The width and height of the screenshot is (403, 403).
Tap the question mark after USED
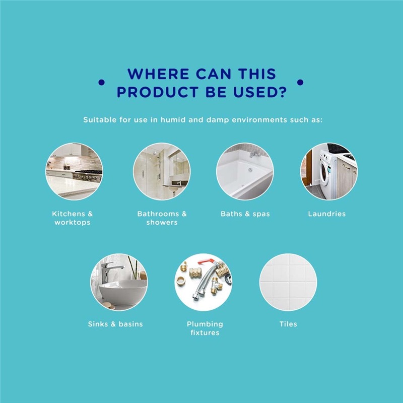[283, 92]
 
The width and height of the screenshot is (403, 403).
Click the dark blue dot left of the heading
[102, 82]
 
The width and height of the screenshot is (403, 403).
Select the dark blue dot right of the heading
[300, 82]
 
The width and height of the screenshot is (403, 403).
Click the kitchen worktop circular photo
[74, 171]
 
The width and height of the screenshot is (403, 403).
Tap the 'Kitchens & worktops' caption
[72, 218]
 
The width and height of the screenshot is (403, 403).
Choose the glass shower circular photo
[162, 171]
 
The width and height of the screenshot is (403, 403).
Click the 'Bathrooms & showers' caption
[162, 218]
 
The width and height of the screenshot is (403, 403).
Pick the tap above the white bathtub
[254, 155]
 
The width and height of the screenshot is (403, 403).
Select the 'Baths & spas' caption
[245, 214]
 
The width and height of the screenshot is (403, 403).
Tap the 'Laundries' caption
[327, 214]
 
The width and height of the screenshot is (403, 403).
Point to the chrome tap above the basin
[108, 271]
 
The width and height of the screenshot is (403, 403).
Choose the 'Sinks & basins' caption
[115, 324]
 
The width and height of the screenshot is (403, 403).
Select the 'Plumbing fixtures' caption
[205, 328]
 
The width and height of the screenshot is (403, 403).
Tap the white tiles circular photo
[288, 282]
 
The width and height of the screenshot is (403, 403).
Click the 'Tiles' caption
[288, 324]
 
